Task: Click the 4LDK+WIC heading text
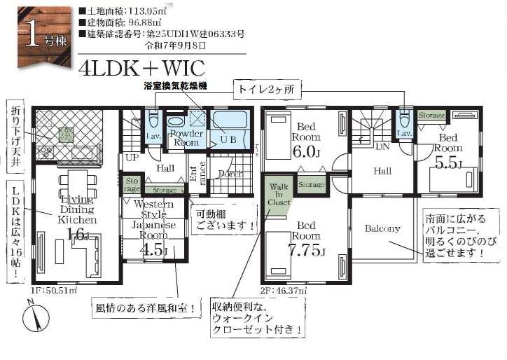(x=142, y=68)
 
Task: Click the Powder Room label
(x=186, y=137)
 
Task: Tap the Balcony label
(x=382, y=228)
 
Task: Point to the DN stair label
(x=382, y=147)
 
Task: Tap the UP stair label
(x=131, y=158)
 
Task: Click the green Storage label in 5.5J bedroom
(x=431, y=115)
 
